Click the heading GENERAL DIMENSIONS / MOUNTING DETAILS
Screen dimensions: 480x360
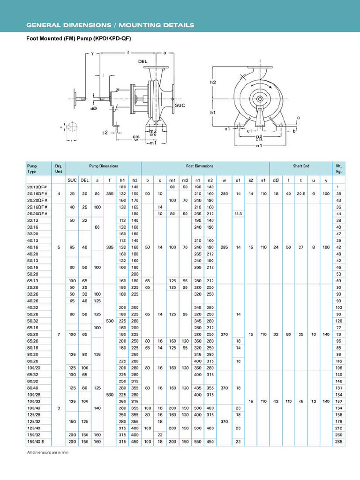(110, 25)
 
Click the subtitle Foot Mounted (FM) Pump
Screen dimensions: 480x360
(78, 38)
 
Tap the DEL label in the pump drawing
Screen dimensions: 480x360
(143, 61)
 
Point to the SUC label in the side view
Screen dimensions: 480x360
(180, 105)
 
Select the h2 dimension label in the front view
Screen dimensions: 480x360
(213, 82)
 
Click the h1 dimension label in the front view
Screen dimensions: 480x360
(213, 112)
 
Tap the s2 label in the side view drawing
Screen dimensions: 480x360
(105, 133)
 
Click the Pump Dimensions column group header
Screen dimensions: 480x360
(104, 166)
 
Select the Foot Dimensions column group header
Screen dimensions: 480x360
(200, 166)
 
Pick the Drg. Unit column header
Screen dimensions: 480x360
(59, 169)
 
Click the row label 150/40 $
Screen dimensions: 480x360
(35, 441)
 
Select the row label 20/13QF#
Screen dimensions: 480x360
(36, 187)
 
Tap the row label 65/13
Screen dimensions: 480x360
(33, 280)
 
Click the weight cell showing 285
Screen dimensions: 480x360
(337, 441)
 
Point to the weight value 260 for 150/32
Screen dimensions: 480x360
(337, 435)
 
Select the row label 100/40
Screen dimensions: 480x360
(33, 408)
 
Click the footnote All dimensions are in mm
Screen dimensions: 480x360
(48, 452)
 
